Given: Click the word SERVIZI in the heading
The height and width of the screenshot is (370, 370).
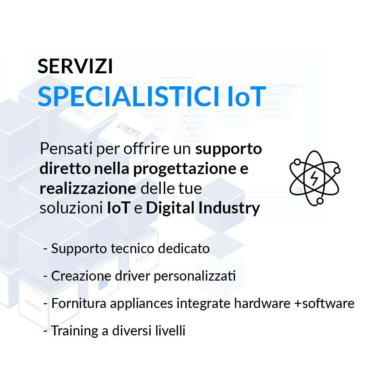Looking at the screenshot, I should [75, 66].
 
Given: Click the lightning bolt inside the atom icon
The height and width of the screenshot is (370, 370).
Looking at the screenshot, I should [314, 178].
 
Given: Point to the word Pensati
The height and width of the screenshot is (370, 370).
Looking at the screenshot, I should [64, 149].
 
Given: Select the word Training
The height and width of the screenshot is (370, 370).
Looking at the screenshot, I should [72, 331].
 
